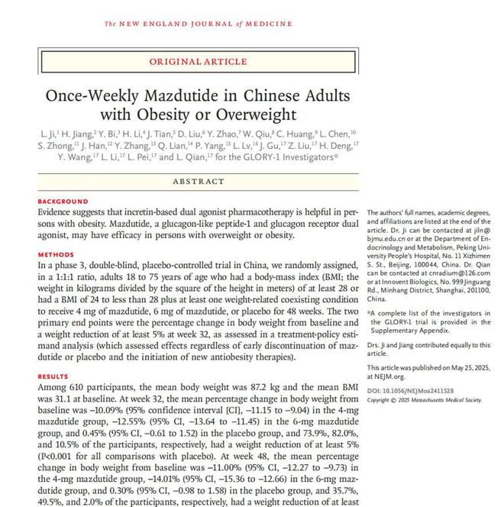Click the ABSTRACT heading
click(198, 182)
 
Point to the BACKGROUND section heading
click(63, 202)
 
